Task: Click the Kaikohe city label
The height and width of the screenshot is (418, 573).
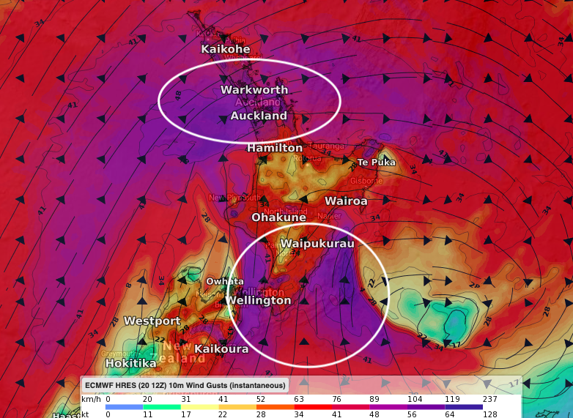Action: pyautogui.click(x=226, y=49)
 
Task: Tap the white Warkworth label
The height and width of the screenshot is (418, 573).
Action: pyautogui.click(x=254, y=90)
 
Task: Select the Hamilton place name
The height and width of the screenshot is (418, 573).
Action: pyautogui.click(x=275, y=148)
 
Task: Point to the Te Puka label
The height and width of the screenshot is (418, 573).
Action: pyautogui.click(x=376, y=162)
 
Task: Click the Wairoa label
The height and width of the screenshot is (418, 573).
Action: pyautogui.click(x=346, y=201)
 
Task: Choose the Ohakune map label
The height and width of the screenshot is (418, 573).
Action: pyautogui.click(x=278, y=217)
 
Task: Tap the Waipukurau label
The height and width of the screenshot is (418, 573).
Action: pyautogui.click(x=317, y=244)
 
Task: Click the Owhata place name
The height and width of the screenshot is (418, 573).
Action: pyautogui.click(x=224, y=282)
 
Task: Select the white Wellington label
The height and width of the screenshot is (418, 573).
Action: pyautogui.click(x=258, y=301)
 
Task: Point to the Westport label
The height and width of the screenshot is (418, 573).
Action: pyautogui.click(x=152, y=321)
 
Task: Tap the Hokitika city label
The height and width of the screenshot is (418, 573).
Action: pyautogui.click(x=130, y=363)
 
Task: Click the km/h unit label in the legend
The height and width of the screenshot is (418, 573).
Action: pyautogui.click(x=90, y=398)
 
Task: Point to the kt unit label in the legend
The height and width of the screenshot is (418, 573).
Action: pyautogui.click(x=86, y=414)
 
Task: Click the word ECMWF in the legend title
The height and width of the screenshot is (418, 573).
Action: pyautogui.click(x=101, y=384)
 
